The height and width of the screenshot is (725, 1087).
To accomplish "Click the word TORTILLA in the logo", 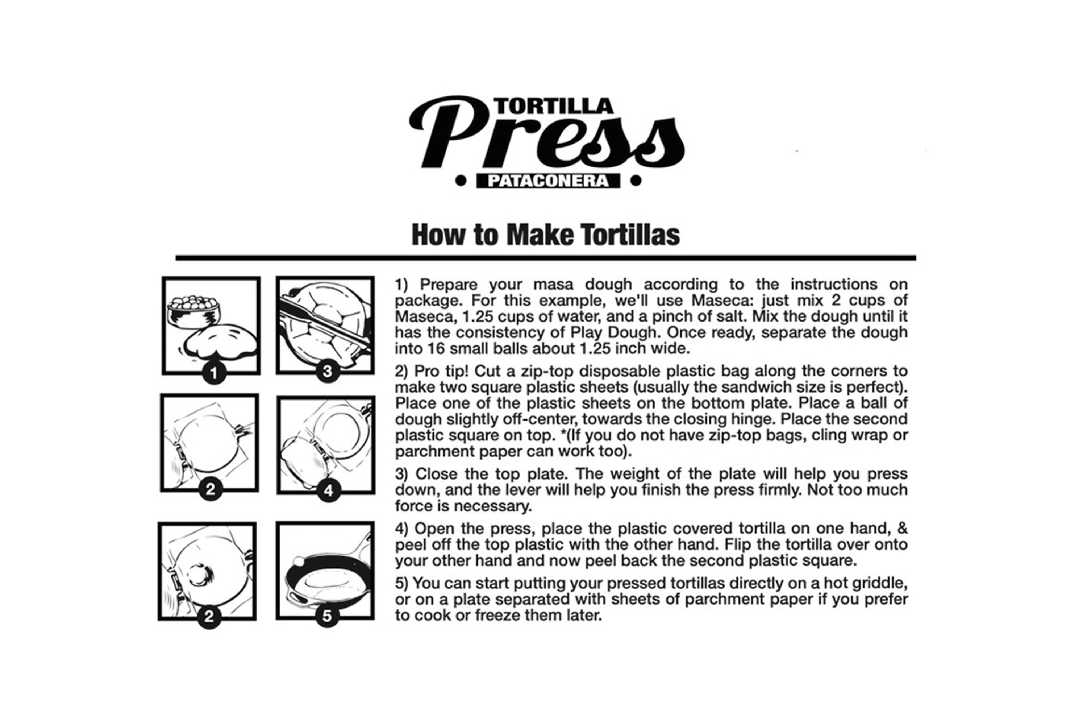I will click(553, 106).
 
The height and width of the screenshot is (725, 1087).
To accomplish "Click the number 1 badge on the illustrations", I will click(214, 373).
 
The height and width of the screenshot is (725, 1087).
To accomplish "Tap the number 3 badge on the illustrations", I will click(328, 371).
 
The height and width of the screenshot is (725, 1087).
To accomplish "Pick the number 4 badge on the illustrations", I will click(329, 490).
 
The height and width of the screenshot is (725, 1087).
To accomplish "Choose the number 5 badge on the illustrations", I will click(327, 616).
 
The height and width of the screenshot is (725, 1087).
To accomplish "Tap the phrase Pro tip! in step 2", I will click(441, 371).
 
